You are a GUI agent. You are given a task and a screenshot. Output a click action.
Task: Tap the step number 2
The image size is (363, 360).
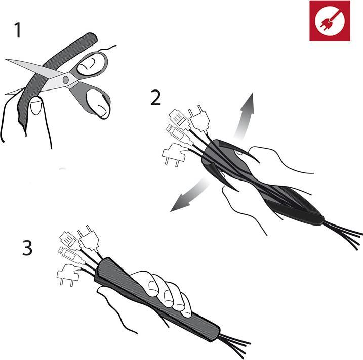coord(155,98)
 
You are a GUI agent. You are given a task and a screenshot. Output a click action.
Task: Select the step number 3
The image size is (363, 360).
coord(27,248)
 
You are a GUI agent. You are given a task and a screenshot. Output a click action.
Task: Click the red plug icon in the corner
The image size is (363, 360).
coord(330,21)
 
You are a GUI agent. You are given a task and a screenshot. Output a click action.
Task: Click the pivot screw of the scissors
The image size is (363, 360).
coord(66,80)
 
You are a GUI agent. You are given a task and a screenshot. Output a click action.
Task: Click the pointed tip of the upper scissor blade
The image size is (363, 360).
coord(6,60)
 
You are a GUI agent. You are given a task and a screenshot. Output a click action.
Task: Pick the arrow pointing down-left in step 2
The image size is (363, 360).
coord(190,196)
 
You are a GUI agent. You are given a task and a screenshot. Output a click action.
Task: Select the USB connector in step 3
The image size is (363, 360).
coord(70,255)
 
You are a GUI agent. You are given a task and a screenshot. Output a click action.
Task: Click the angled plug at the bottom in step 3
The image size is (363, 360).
coord(69,275)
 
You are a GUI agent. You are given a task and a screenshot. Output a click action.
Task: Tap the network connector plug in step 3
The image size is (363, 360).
coord(70,241)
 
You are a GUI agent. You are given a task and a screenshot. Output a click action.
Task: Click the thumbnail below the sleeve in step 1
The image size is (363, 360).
coord(35,106)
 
